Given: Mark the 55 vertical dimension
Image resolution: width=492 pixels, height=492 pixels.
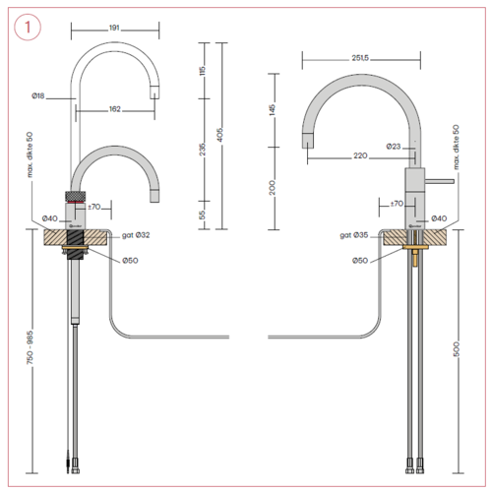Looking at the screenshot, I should [200, 214].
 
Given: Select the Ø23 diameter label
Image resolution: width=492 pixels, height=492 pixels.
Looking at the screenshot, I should [392, 147].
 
